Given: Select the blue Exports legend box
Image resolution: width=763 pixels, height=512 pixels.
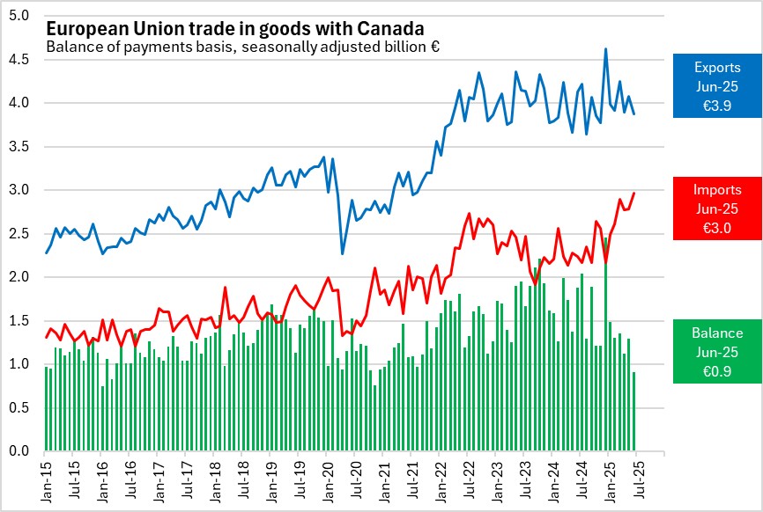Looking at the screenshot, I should coord(716,85).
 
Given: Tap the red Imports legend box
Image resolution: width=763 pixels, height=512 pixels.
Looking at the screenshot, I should coord(716,208).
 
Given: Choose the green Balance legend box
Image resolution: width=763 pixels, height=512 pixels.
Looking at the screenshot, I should coord(716,351).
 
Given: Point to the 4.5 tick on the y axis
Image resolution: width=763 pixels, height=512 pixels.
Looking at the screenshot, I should coord(20,59).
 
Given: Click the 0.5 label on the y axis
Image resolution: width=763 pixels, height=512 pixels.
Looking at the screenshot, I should coord(20,408).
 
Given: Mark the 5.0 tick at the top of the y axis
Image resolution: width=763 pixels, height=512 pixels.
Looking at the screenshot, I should coord(20,16).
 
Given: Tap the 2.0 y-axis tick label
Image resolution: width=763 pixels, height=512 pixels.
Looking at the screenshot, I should coord(20,277).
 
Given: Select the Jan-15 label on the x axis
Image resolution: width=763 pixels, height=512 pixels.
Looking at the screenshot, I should coord(45,481).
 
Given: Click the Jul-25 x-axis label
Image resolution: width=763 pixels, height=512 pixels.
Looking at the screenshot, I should coord(635,481).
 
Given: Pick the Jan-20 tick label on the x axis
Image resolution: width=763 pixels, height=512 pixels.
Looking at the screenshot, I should coord(326,481).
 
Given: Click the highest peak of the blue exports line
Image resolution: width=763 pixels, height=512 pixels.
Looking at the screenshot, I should coord(605,49).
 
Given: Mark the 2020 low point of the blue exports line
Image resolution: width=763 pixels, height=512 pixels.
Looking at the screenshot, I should coord(343,253).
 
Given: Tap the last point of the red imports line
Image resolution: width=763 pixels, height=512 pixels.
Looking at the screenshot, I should coord(634,193).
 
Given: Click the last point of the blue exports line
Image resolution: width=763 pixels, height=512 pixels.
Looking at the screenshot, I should coord(634,113).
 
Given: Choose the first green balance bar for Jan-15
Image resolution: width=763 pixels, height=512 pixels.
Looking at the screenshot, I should coord(46,409).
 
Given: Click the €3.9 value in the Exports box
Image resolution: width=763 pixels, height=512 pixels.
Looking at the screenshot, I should coord(716,104).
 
